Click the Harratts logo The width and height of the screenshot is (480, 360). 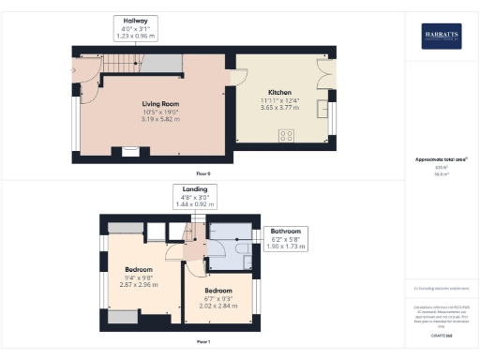click(441, 36)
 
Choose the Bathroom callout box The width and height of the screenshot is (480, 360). click(285, 238)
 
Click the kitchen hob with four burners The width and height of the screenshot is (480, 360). click(287, 135)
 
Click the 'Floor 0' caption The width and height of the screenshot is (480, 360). click(203, 174)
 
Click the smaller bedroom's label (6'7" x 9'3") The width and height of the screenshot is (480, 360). click(218, 299)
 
